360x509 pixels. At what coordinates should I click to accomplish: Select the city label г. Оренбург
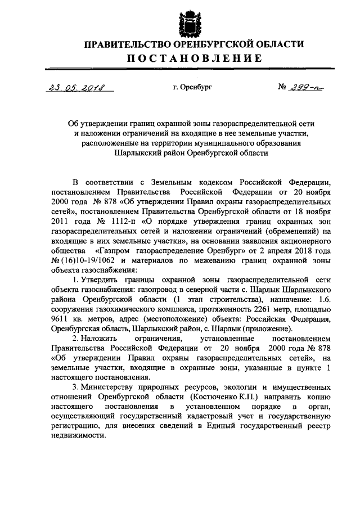pyautogui.click(x=192, y=88)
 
